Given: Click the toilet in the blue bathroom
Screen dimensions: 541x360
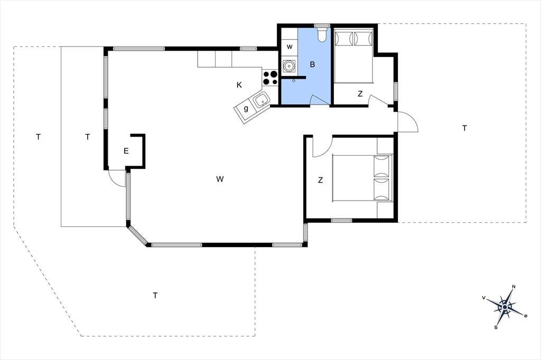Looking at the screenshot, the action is [322, 34].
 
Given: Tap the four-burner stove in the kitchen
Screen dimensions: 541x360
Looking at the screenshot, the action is [270, 78].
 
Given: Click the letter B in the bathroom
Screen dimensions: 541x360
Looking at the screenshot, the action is [312, 64].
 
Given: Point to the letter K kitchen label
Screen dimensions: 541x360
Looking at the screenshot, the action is [239, 85].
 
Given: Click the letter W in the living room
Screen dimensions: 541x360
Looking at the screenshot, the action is [220, 179].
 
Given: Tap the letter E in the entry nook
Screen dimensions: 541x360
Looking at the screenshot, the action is [126, 151].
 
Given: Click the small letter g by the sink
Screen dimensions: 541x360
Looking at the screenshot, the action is [246, 109].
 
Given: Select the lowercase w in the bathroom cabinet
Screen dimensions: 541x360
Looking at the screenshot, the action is [290, 47].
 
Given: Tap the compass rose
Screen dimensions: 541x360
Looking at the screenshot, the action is [505, 307].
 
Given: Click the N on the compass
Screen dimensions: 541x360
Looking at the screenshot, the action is [514, 287].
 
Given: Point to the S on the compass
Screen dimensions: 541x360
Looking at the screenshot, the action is [496, 327].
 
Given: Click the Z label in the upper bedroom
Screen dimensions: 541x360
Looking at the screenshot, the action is [360, 94].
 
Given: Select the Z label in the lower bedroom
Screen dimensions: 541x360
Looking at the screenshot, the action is [321, 180].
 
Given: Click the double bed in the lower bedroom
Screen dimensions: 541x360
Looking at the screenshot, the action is [362, 178].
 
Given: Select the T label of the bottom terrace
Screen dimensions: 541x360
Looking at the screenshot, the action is [155, 296].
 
